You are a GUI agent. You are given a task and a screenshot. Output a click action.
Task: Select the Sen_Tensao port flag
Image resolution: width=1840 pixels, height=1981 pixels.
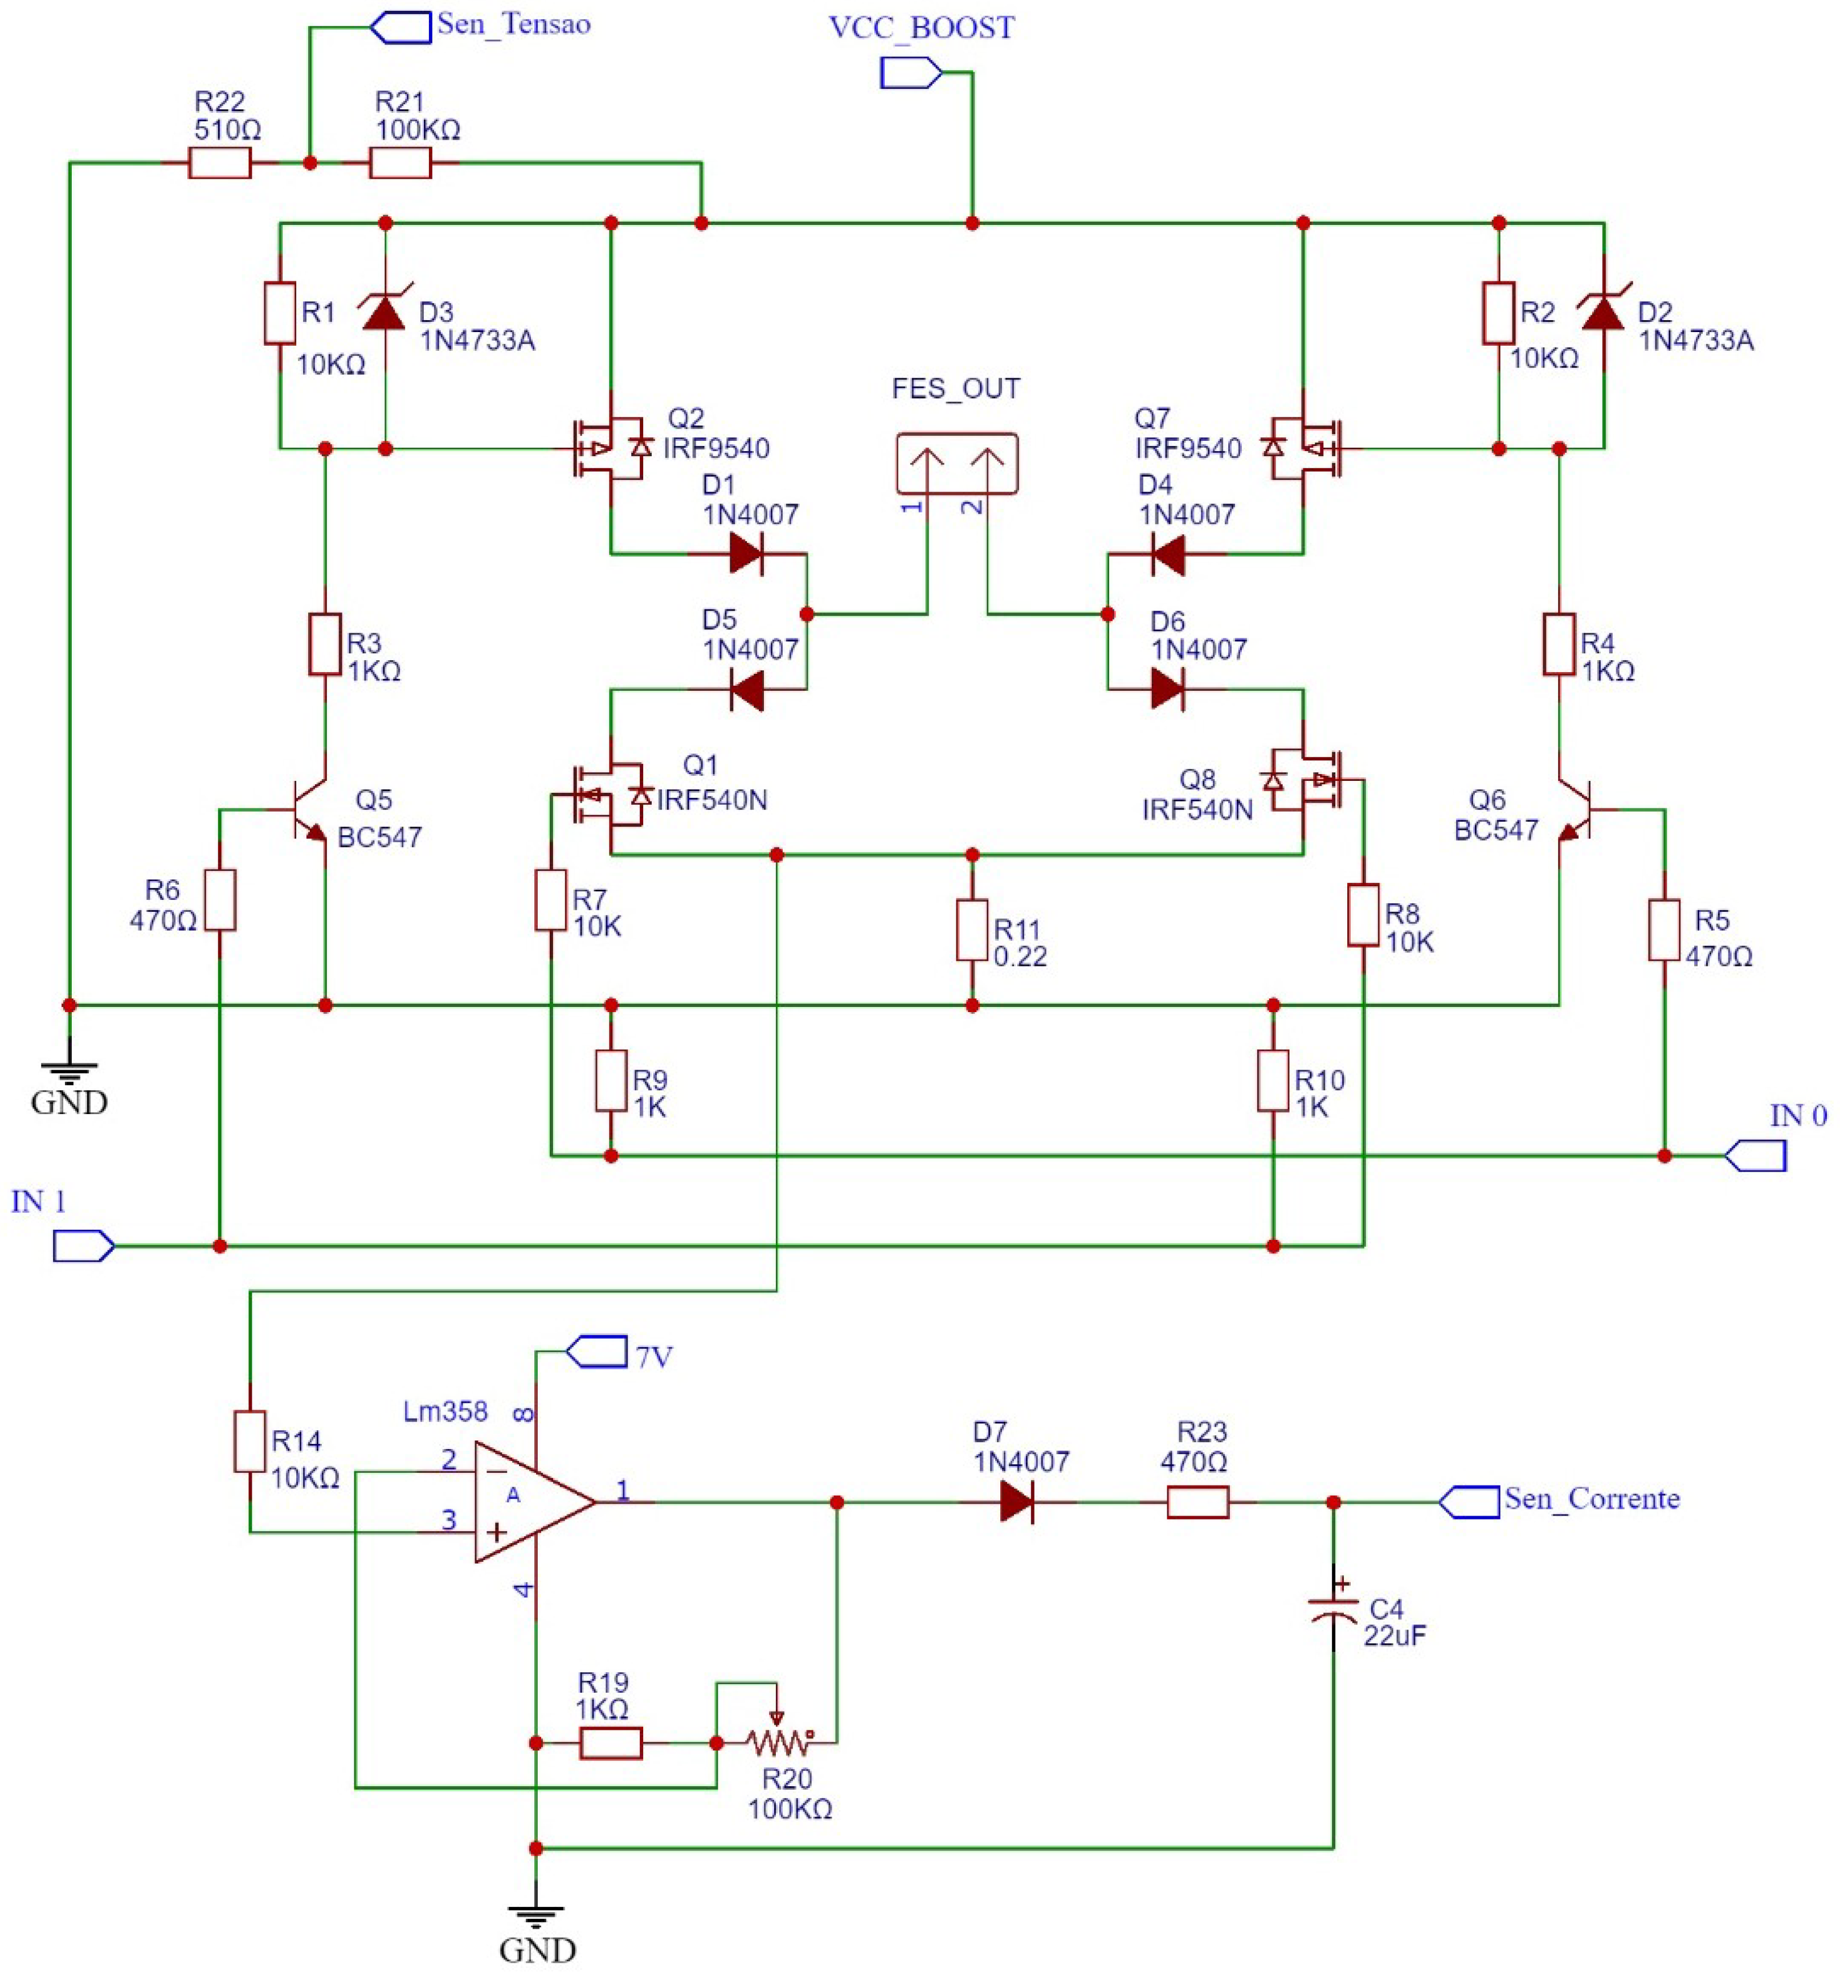(400, 27)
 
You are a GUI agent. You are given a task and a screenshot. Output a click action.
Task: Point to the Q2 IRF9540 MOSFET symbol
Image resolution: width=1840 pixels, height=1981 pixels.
(610, 448)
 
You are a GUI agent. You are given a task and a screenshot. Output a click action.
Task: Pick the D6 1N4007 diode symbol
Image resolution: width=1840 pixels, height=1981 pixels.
(1167, 688)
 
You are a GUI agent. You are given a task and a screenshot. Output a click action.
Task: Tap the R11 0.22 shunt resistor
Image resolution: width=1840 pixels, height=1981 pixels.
(972, 930)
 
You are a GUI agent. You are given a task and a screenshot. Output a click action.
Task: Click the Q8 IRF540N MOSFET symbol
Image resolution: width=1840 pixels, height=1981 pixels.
(1305, 781)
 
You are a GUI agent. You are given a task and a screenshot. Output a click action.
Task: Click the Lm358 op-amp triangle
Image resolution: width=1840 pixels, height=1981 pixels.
(528, 1501)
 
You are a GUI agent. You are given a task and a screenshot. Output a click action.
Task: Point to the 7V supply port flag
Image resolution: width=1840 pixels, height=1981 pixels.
(596, 1351)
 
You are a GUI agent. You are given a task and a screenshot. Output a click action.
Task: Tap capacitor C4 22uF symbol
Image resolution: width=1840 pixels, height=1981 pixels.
(1332, 1610)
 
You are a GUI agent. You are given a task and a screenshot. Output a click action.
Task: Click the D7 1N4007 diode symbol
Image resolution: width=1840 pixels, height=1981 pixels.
(1017, 1501)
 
